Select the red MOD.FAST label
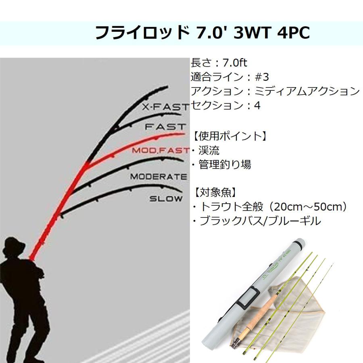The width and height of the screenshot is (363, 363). (161, 150)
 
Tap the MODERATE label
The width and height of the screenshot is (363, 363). (159, 177)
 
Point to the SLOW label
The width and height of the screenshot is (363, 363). (166, 198)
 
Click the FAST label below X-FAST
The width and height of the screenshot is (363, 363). (165, 127)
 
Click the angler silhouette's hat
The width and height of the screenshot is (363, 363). (14, 246)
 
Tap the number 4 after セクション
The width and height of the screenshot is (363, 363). (257, 106)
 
